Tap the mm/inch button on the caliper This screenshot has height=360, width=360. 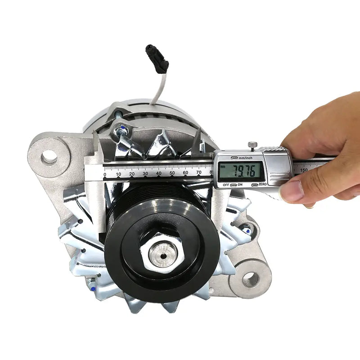[x=234, y=158]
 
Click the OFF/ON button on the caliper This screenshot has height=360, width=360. [x=234, y=184]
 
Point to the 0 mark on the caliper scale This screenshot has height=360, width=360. [x=105, y=174]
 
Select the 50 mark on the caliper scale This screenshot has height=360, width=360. [x=172, y=173]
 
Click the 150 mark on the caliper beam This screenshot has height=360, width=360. [x=304, y=170]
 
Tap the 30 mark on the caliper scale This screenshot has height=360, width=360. [x=145, y=173]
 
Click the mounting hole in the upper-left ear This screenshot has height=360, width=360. [x=49, y=157]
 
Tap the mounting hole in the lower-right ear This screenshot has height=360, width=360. [x=250, y=279]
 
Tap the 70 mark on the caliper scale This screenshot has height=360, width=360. [x=198, y=172]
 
